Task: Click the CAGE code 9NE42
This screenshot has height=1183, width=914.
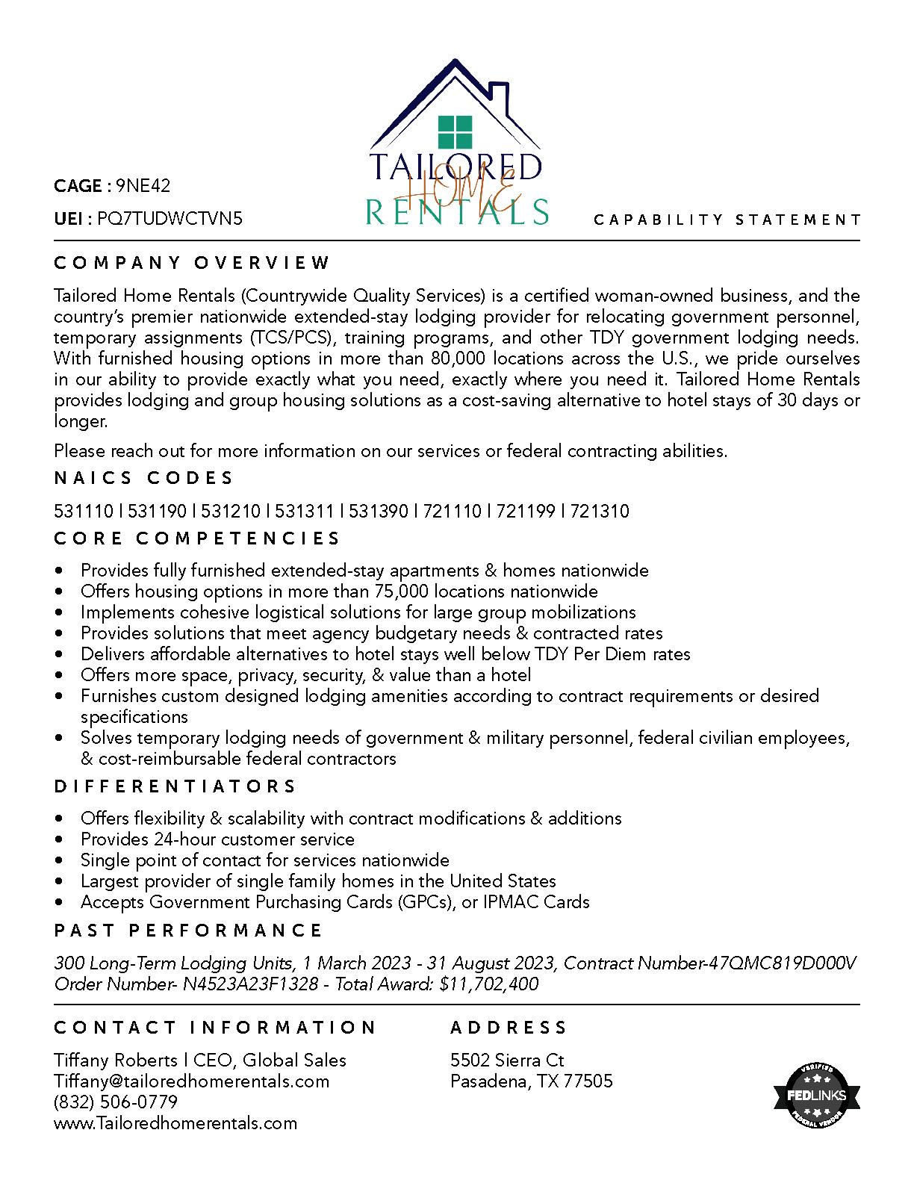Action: pos(143,186)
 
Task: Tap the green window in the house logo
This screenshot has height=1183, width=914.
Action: pos(456,132)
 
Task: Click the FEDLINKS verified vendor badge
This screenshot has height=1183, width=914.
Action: pos(816,1096)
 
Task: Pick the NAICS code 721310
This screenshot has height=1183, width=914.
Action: pos(600,512)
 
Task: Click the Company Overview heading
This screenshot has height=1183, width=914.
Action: pos(192,263)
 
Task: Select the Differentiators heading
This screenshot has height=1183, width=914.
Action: pos(175,786)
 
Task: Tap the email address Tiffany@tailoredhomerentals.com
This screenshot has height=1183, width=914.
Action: pos(191,1081)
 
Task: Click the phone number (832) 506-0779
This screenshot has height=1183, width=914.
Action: pos(116,1102)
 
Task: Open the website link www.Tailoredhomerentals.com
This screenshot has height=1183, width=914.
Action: pos(175,1123)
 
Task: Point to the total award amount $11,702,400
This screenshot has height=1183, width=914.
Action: pos(489,984)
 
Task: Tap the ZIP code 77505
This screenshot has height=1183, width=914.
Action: pos(588,1081)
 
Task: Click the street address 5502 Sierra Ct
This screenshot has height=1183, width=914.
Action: pos(507,1061)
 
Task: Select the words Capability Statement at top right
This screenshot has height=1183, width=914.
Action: pos(727,220)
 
